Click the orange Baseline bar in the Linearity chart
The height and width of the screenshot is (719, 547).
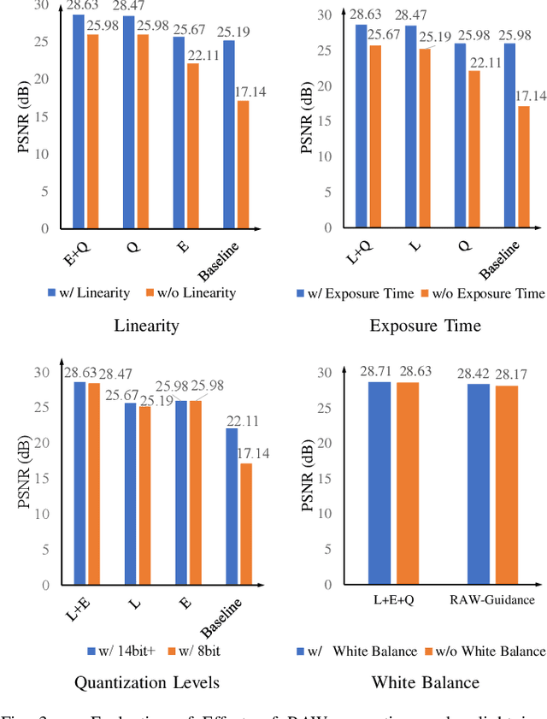point(244,164)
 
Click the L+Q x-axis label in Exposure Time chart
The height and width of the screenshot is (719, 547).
point(362,247)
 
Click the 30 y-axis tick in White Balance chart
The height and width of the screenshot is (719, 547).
point(324,372)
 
